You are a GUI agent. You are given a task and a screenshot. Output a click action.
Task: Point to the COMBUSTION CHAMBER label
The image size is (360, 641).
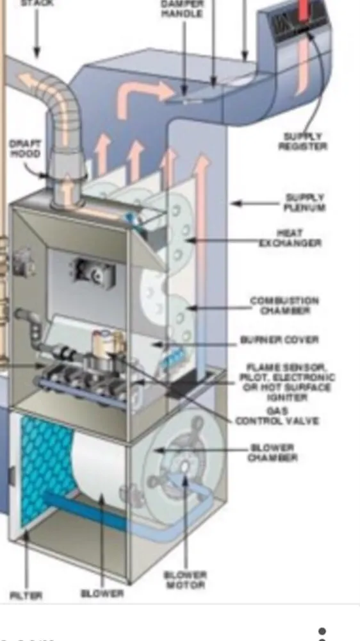click(x=284, y=305)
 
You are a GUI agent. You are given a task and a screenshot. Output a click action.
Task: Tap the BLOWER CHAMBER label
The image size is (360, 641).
click(x=272, y=453)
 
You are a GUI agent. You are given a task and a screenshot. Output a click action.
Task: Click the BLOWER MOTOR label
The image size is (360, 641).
click(x=184, y=579)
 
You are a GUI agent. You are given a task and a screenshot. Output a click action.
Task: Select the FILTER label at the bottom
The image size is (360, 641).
click(x=26, y=595)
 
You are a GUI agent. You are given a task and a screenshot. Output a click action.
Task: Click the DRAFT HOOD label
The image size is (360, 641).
click(x=24, y=149)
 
